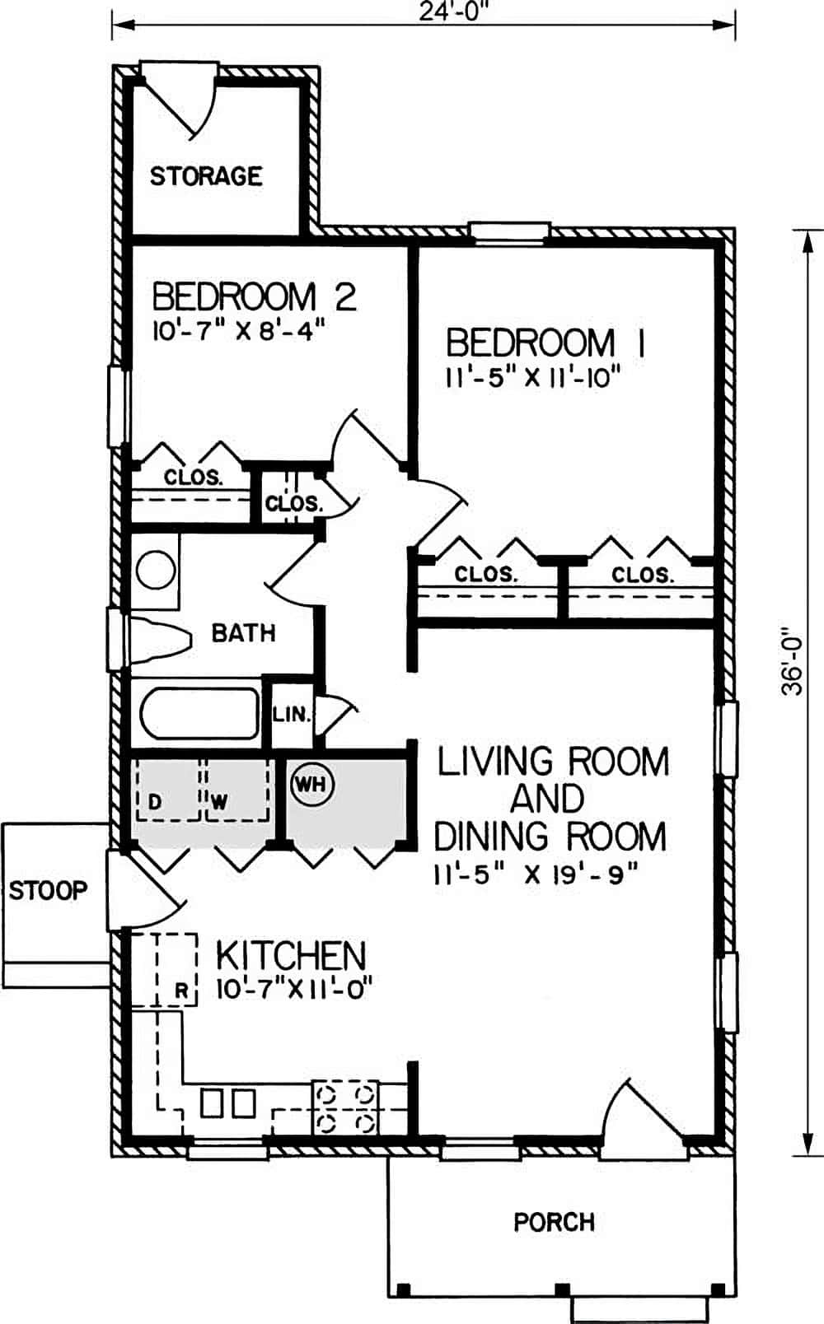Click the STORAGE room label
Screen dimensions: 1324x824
coord(205,175)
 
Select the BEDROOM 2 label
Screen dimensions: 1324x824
coord(254,296)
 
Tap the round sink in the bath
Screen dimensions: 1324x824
coord(156,571)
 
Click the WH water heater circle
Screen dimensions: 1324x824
coord(311,784)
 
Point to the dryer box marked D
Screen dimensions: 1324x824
coord(167,791)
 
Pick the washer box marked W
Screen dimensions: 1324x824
coord(236,791)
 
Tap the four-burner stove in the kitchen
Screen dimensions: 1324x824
coord(344,1107)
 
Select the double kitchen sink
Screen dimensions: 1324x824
coord(227,1103)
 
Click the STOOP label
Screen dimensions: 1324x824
coord(48,890)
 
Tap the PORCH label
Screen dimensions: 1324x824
coord(554,1222)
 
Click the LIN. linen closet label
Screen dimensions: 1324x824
coord(291,714)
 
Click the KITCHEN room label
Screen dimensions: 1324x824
coord(290,955)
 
